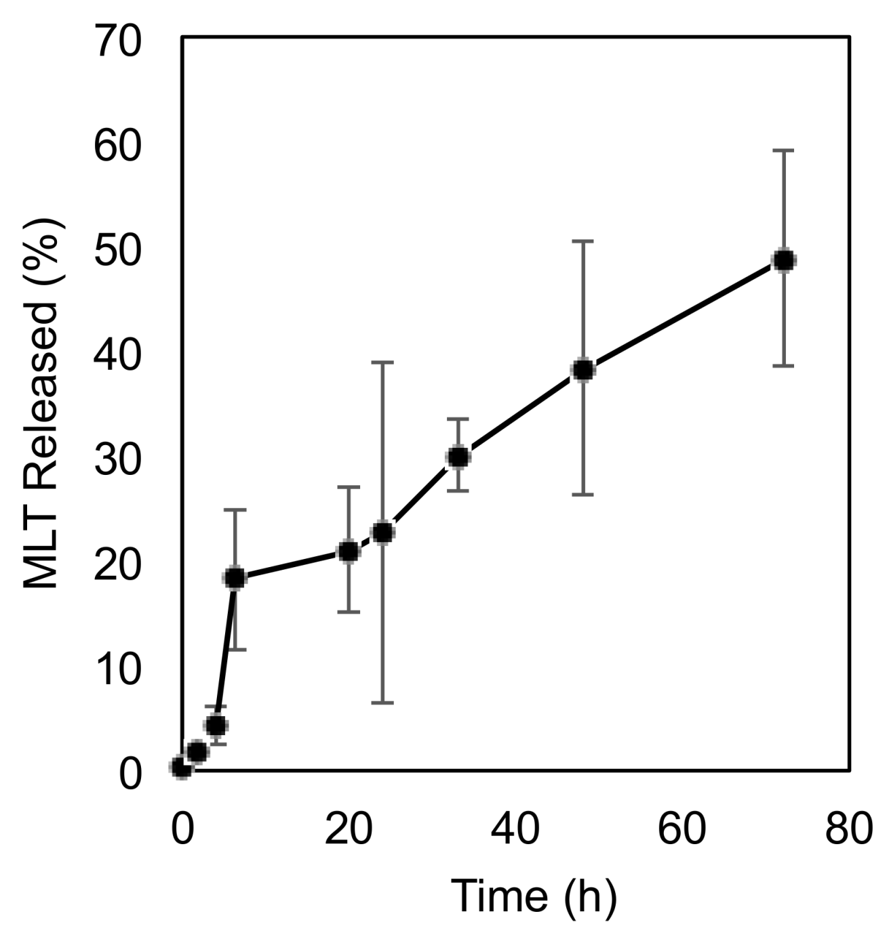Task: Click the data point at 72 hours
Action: pos(783,260)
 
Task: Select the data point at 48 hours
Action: pos(583,370)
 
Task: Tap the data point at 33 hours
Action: pos(458,457)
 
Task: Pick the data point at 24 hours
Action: pos(383,533)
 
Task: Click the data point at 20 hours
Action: pos(349,552)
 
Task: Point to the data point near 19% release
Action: pos(235,578)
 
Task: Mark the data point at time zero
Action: pos(182,768)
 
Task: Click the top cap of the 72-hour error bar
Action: pos(783,150)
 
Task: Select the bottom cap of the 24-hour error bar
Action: pos(383,703)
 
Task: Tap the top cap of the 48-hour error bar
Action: pos(583,241)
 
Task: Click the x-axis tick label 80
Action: pos(848,829)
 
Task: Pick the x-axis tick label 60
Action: pos(681,829)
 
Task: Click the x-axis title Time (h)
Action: pos(534,896)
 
